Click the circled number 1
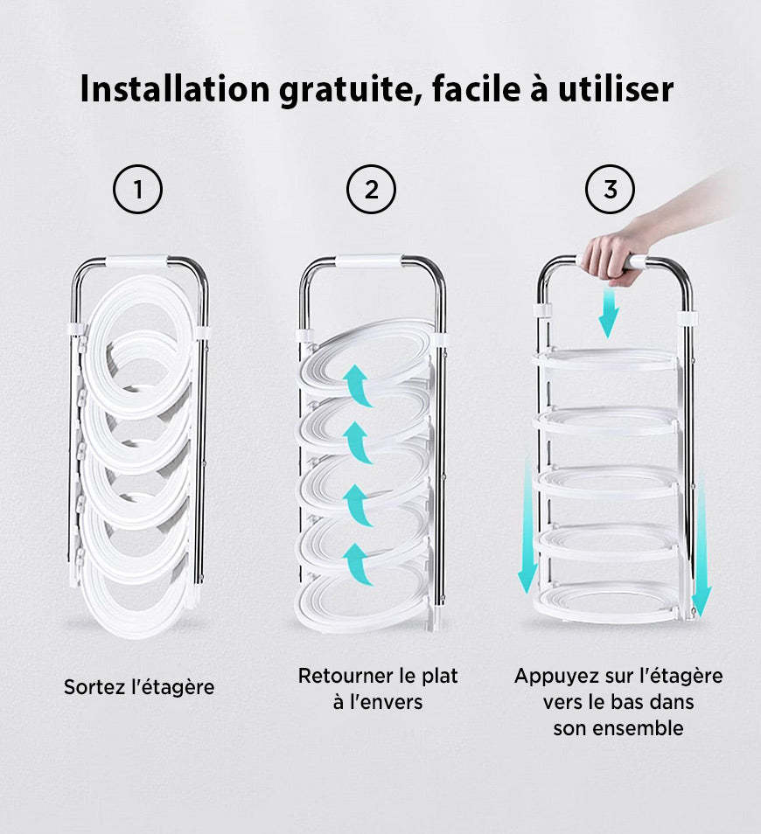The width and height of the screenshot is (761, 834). coord(138,190)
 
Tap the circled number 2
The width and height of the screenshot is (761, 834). coord(372,190)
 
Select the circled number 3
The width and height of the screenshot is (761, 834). coord(610,190)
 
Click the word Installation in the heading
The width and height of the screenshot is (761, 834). coord(175,88)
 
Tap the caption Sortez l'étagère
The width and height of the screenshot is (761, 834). coord(139,687)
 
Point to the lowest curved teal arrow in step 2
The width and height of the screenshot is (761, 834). coord(357,564)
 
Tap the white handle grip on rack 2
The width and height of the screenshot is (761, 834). coord(368,261)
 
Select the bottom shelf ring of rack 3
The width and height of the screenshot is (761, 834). coord(607,612)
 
